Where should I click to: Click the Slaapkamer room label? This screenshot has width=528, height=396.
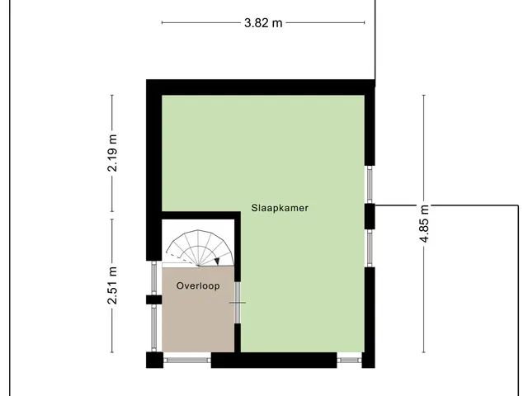tap(280, 208)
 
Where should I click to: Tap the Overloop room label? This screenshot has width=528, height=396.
tap(198, 286)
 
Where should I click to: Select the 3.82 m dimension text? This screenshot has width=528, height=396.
tap(263, 23)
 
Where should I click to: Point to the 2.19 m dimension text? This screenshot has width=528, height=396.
tap(112, 153)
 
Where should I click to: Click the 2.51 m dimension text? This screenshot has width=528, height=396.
tap(112, 285)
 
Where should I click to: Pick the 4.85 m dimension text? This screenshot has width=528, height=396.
tap(424, 224)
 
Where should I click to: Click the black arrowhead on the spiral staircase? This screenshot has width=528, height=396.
tap(217, 262)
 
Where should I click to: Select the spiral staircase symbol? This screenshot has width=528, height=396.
tap(200, 248)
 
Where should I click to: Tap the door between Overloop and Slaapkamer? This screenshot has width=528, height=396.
tap(238, 303)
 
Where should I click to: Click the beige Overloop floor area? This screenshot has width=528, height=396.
tap(198, 310)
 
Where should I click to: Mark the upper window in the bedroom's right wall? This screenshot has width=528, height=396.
tap(370, 185)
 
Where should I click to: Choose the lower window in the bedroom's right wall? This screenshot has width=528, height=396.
tap(370, 248)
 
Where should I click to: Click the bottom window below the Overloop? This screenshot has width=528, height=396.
tap(187, 361)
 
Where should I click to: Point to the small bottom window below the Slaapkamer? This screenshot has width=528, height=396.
tap(350, 361)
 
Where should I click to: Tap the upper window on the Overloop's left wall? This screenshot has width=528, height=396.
tap(154, 278)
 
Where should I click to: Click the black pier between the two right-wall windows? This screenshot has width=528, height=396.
tap(370, 216)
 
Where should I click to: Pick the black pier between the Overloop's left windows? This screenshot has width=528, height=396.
tap(154, 299)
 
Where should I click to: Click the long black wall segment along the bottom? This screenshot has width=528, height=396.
tap(274, 360)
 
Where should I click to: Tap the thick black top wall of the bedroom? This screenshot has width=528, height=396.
tap(261, 87)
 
